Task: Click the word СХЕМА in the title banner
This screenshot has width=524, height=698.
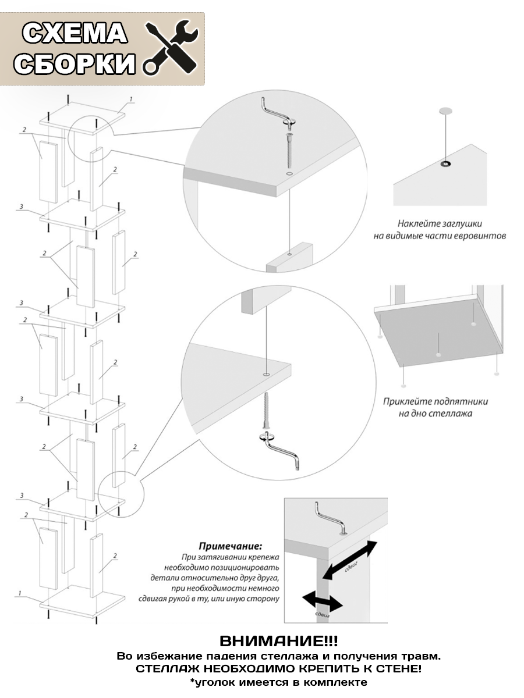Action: (x=75, y=34)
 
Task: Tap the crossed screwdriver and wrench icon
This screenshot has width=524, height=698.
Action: (x=172, y=47)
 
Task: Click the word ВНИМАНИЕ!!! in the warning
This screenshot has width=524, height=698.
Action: (x=278, y=642)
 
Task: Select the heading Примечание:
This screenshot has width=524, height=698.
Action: (x=230, y=547)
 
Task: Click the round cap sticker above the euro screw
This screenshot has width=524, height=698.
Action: (x=446, y=111)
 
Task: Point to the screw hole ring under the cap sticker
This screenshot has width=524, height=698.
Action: (x=446, y=163)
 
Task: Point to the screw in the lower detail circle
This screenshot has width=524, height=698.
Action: (x=267, y=410)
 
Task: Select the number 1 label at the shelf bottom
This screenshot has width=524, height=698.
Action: (x=19, y=593)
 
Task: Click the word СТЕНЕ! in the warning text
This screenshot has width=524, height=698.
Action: (x=398, y=669)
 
